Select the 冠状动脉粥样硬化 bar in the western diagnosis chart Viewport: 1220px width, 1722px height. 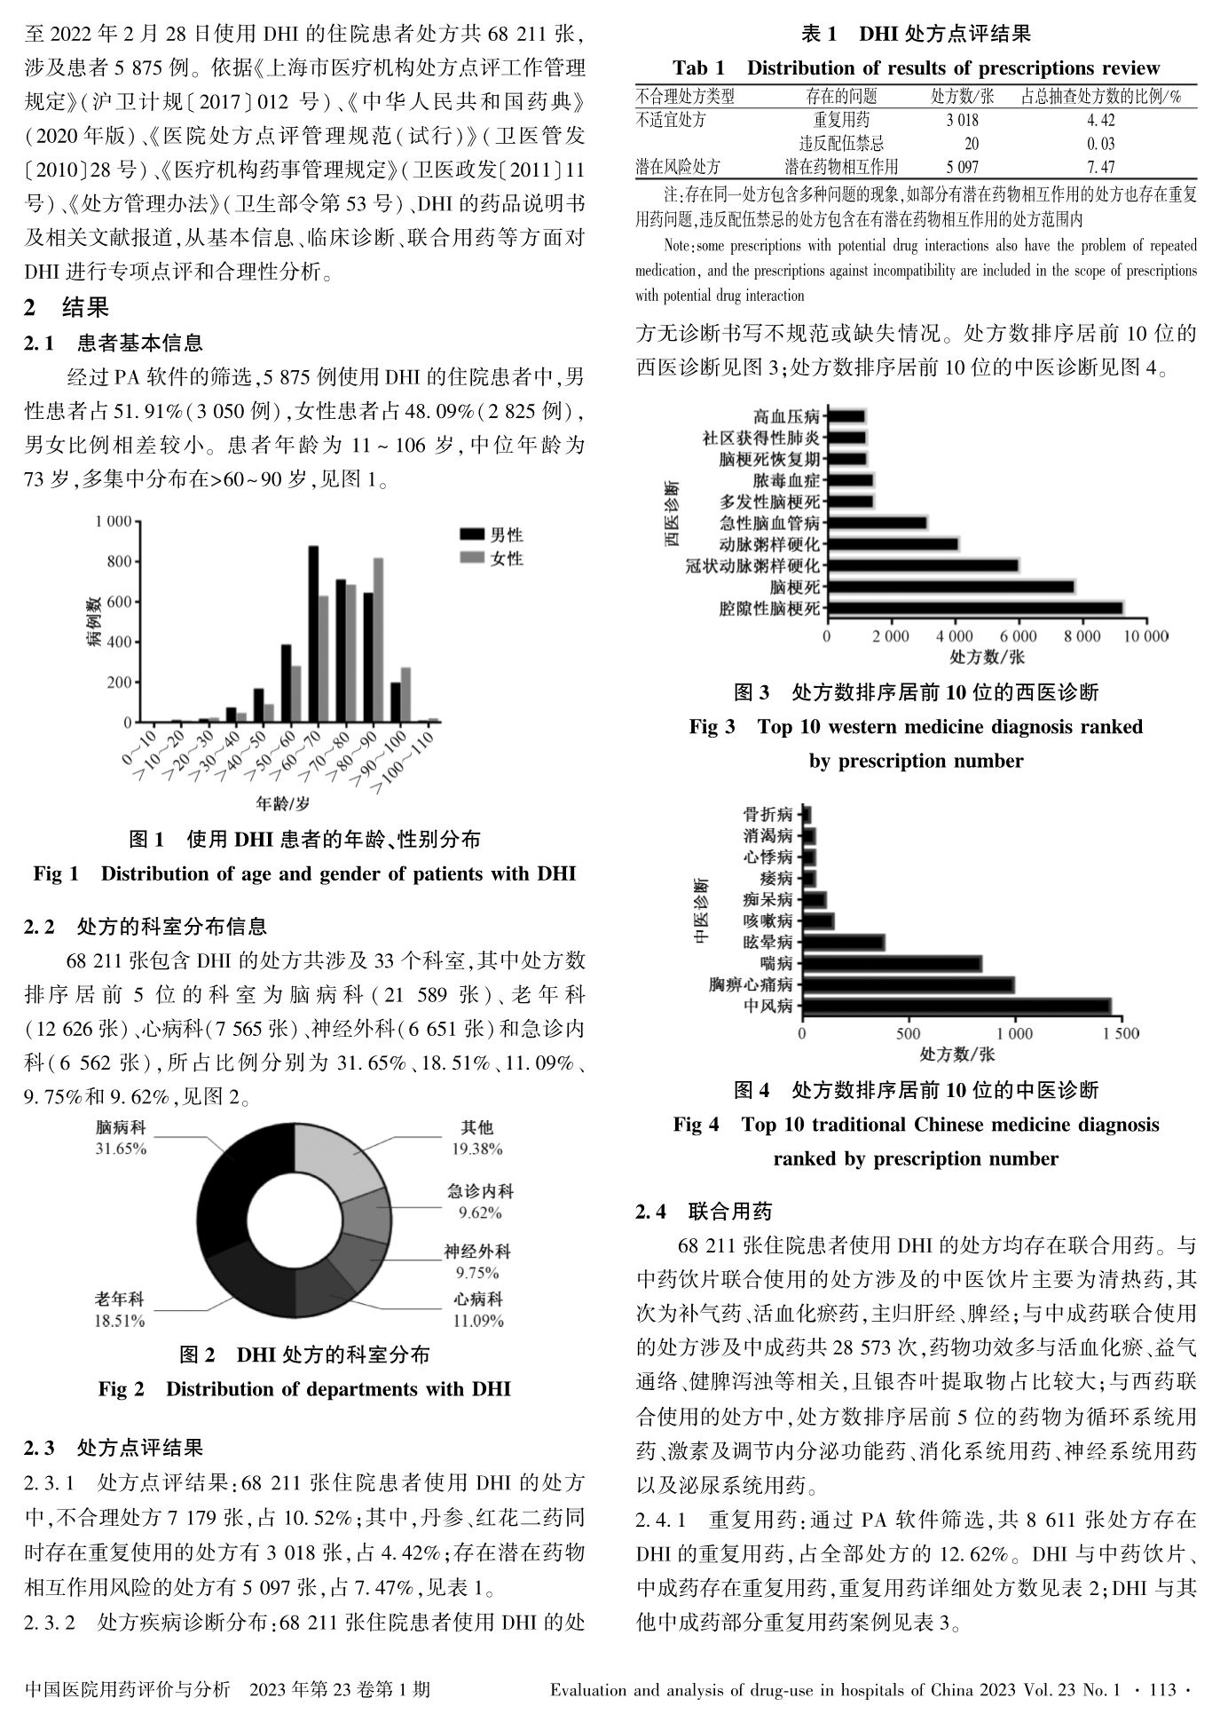point(923,565)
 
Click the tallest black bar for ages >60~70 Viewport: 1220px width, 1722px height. point(313,634)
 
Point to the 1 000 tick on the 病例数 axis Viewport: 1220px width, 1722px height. point(112,521)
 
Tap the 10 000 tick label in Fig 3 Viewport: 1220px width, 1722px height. point(1144,636)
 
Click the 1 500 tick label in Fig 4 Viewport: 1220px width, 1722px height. point(1120,1034)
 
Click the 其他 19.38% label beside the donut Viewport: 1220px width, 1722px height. point(476,1137)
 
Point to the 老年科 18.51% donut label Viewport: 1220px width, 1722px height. point(120,1310)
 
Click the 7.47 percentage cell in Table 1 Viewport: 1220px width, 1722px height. point(1100,166)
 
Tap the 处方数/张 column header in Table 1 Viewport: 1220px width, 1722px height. point(962,97)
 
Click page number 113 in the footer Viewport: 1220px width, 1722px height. point(1161,1690)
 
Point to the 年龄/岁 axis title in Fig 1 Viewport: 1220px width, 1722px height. point(283,804)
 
